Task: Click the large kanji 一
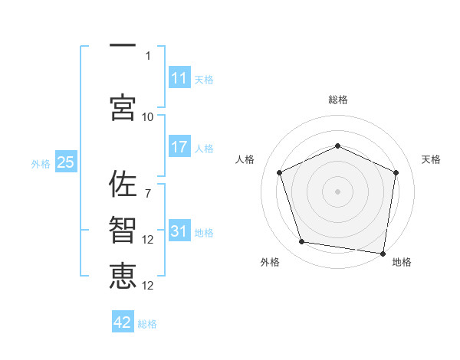tap(123, 45)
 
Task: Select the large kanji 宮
tap(123, 107)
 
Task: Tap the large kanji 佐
tap(123, 184)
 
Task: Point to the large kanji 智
tap(123, 230)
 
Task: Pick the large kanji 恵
tap(123, 276)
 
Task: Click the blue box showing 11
tap(179, 77)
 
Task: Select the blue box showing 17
tap(179, 146)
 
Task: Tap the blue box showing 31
tap(179, 230)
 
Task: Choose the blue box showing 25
tap(66, 162)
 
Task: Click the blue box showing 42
tap(123, 321)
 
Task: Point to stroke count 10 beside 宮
tap(147, 117)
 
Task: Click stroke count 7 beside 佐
tap(148, 194)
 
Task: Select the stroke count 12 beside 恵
tap(147, 286)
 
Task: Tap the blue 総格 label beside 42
tap(147, 324)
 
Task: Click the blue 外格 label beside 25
tap(41, 164)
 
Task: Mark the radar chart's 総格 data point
tap(337, 146)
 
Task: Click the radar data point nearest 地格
tap(383, 254)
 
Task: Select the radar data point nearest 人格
tap(279, 172)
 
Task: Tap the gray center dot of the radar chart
tap(337, 191)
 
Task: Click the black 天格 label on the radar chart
tap(431, 159)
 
